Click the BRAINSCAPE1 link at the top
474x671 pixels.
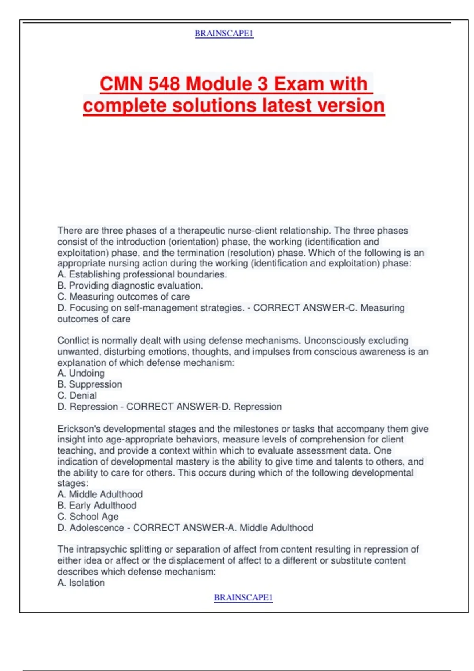point(224,34)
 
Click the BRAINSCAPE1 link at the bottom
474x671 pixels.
point(243,598)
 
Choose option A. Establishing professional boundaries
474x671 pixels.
point(142,274)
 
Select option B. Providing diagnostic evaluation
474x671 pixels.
point(130,285)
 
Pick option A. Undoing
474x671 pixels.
point(81,373)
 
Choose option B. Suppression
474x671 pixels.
point(90,384)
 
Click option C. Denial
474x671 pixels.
point(77,395)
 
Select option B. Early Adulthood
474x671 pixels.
point(97,505)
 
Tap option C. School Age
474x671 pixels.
point(88,516)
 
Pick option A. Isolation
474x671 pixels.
point(81,583)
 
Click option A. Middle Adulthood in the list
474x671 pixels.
point(100,494)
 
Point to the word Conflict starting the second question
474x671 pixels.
point(73,341)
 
